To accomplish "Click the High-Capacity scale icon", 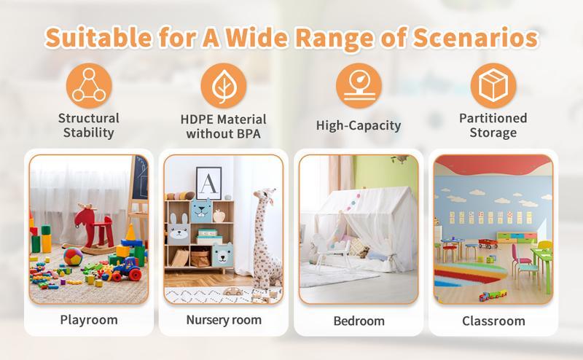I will tap(359, 87).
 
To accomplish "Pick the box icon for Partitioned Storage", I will tap(493, 87).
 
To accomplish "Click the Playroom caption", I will tap(88, 319).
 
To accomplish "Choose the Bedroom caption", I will tap(359, 321).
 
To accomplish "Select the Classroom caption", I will tap(493, 321).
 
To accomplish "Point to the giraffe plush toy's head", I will tap(262, 199).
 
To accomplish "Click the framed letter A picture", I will tap(208, 182).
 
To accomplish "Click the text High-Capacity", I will tap(359, 126).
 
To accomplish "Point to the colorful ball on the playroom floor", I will tap(72, 257).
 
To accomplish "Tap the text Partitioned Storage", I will tap(493, 125).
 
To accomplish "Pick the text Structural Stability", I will tap(88, 125).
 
